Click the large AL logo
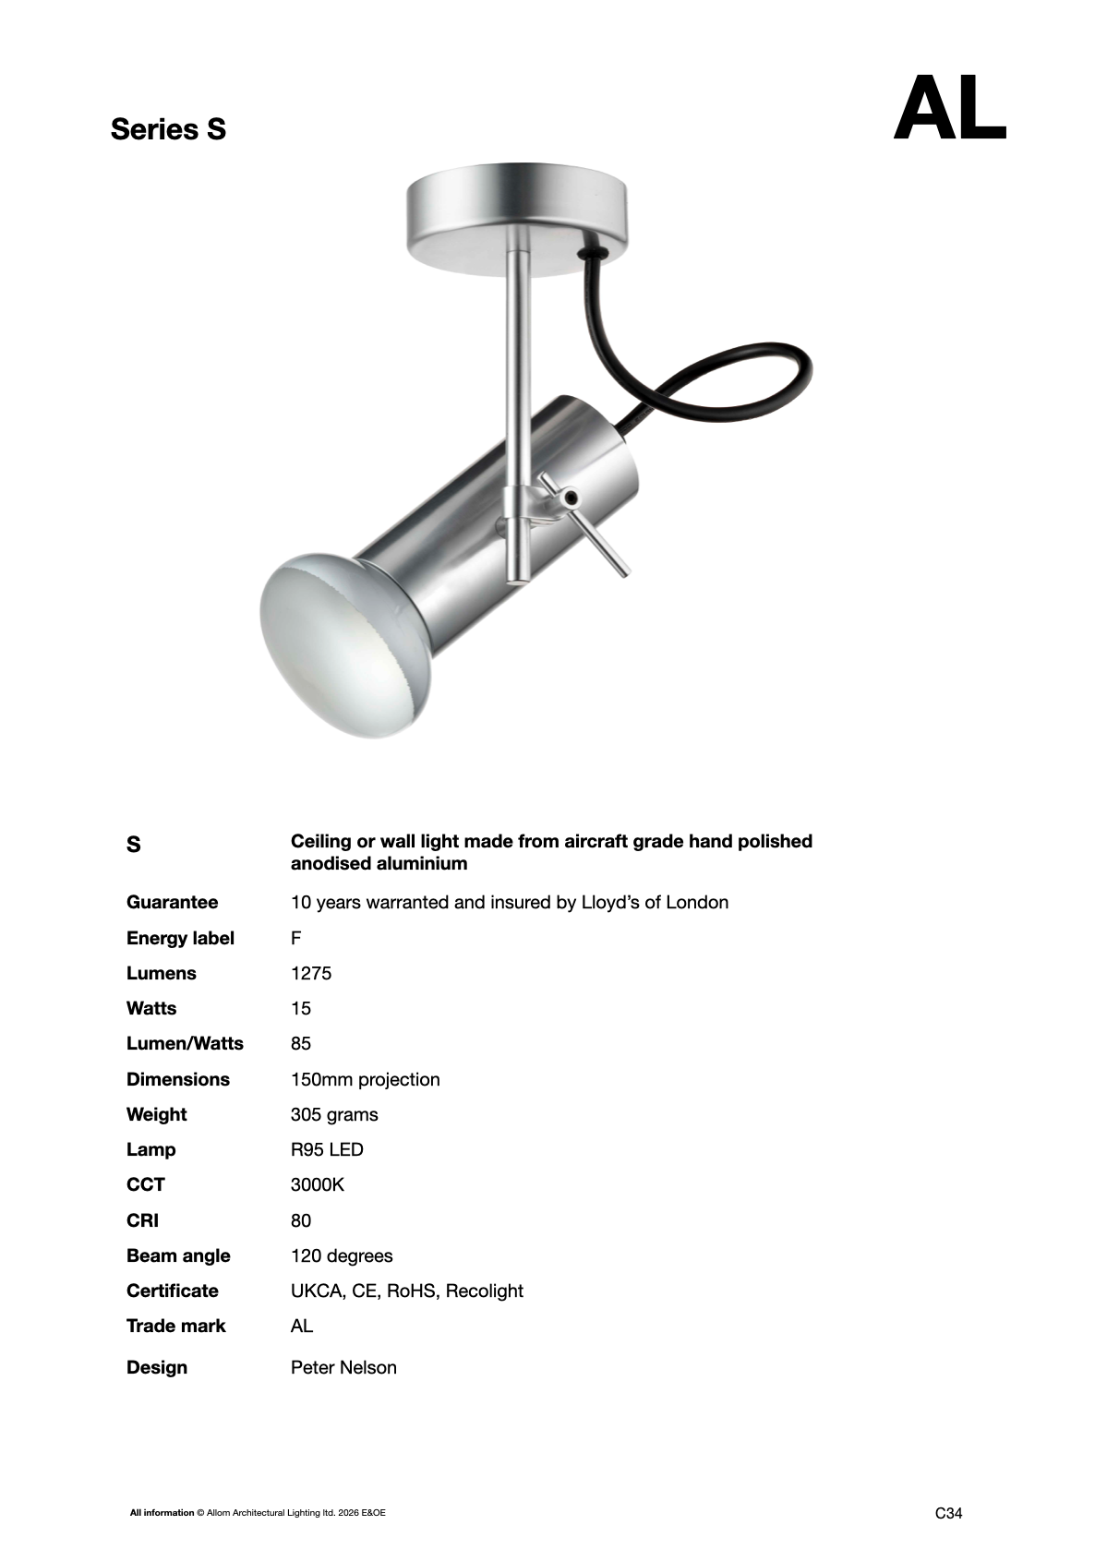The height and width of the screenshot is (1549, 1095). click(948, 109)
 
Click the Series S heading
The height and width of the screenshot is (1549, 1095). click(168, 129)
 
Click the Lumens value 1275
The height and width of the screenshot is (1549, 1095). click(311, 973)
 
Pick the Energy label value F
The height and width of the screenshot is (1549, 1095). click(296, 938)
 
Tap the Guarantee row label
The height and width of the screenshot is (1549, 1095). click(172, 902)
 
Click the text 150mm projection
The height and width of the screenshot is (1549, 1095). click(365, 1079)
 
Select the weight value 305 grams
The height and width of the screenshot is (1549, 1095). click(334, 1114)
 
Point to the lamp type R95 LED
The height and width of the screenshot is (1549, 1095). click(327, 1149)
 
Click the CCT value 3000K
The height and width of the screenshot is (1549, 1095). click(317, 1184)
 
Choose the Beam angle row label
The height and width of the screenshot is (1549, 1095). click(178, 1255)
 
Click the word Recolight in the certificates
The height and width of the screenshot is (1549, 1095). click(484, 1291)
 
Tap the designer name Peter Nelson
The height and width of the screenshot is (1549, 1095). click(343, 1367)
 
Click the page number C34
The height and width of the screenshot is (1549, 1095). click(948, 1513)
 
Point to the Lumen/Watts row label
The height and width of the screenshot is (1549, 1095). click(185, 1043)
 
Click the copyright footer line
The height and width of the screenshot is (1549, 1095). click(258, 1513)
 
